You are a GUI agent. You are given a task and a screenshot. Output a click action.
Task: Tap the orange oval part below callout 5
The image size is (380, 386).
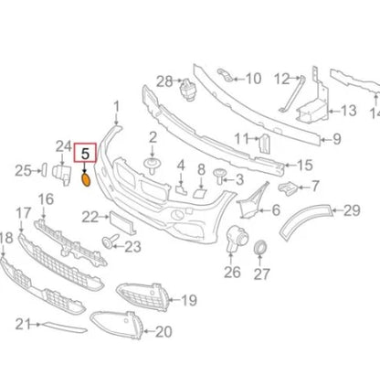pos(87,180)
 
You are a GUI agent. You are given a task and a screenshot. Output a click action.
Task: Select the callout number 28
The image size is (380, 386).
pos(164,82)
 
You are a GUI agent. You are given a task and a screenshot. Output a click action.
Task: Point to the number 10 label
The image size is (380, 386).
pos(253,79)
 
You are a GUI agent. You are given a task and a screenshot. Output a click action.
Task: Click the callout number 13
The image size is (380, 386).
pos(348,111)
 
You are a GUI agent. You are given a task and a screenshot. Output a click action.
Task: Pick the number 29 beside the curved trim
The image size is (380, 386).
pos(352,211)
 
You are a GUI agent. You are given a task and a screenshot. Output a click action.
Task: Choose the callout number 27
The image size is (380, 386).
pos(262,273)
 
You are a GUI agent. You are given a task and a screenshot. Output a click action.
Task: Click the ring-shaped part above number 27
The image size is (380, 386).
pos(260,247)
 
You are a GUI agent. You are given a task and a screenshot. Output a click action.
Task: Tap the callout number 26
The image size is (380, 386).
pos(232,272)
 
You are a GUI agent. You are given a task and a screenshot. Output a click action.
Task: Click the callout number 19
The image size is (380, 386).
pos(189,299)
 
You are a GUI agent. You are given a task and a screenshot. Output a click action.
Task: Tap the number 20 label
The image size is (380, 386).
pos(164,331)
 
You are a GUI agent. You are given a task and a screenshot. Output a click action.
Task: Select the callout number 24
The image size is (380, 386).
pos(63,145)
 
